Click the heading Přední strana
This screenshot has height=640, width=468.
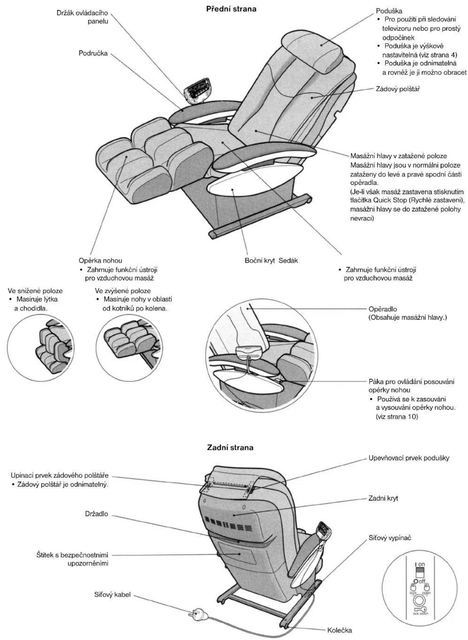coord(231,9)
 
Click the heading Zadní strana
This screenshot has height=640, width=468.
coord(230,448)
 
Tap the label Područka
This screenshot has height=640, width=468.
coord(93,54)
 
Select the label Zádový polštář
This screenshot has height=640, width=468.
coord(398,89)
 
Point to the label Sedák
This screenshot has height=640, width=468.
coord(288,261)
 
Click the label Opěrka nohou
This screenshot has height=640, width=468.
coord(100,260)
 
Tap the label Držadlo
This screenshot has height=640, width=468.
coord(97,514)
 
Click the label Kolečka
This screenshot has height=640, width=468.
coord(339,620)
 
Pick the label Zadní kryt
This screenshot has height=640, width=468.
coord(383,498)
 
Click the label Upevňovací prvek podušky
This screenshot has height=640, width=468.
coord(409,458)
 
